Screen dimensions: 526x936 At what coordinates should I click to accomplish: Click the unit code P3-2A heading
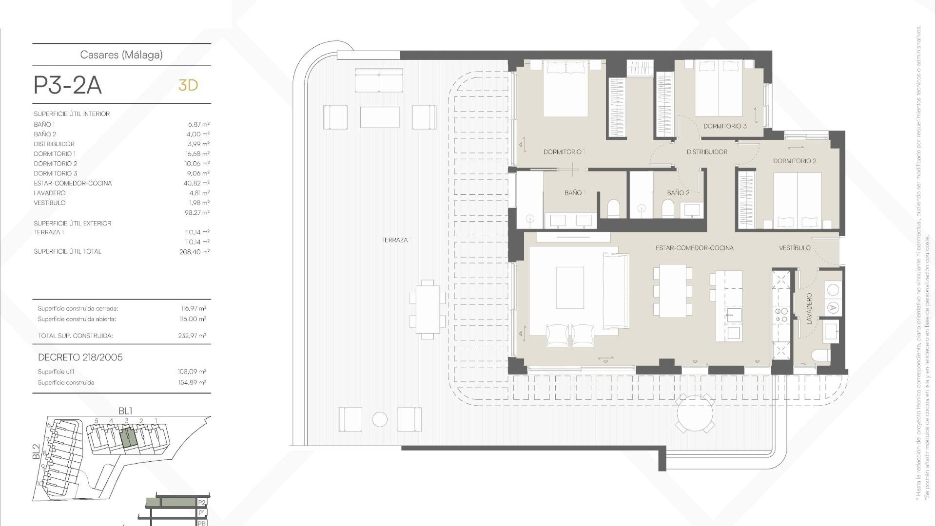(x=67, y=86)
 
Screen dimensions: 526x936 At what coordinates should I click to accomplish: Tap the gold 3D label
(x=188, y=85)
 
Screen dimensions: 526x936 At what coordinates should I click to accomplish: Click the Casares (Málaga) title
(x=121, y=55)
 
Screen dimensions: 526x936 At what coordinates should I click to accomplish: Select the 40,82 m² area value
(x=196, y=183)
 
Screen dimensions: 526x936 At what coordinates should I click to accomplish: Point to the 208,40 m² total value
(x=194, y=252)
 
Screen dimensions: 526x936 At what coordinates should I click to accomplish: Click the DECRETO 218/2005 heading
(x=80, y=357)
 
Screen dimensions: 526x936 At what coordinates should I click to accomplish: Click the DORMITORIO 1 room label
(x=564, y=152)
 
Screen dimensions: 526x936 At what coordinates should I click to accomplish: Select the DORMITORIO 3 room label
(x=724, y=126)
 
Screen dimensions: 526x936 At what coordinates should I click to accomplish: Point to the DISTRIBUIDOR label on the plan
(x=707, y=152)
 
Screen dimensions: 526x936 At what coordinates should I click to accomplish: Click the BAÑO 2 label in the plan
(x=678, y=193)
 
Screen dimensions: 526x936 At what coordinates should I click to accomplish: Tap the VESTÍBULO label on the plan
(x=794, y=248)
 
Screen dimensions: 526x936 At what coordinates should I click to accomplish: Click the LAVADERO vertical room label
(x=809, y=309)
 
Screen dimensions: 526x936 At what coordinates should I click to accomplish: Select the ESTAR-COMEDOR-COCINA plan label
(x=694, y=248)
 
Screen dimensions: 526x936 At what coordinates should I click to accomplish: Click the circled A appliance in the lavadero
(x=833, y=308)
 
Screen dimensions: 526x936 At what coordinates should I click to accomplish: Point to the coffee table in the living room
(x=570, y=287)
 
